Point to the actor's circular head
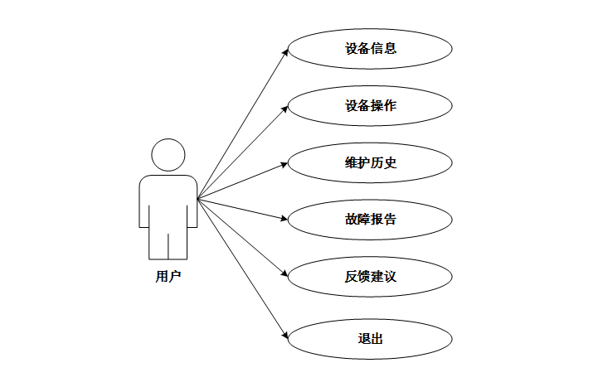[168, 155]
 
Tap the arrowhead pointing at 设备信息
[285, 52]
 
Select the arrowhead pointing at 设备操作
[285, 108]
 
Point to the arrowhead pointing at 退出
[285, 335]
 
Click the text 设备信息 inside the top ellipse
[370, 48]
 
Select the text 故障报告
[370, 220]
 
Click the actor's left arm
[143, 203]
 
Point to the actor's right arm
[192, 203]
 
